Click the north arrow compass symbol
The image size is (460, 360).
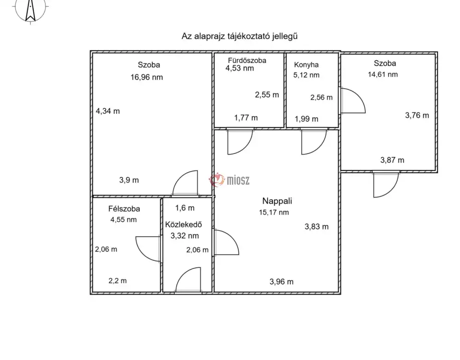point(30,11)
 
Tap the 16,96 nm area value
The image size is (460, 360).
point(147,77)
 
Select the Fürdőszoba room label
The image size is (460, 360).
point(247,60)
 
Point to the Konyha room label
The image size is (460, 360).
point(306,65)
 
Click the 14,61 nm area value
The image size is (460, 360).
point(383,74)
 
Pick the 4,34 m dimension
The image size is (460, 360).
point(108,111)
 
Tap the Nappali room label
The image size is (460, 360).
point(277,201)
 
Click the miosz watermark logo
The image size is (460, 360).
point(229,180)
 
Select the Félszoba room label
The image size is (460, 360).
point(124,209)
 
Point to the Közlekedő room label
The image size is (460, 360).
point(184,224)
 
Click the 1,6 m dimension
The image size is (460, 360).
point(185,208)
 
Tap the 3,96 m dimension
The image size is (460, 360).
point(282,282)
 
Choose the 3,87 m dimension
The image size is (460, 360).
point(392,160)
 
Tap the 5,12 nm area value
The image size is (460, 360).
point(306,75)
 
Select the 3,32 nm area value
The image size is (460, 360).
point(184,236)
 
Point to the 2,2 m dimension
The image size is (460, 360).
point(118,281)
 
